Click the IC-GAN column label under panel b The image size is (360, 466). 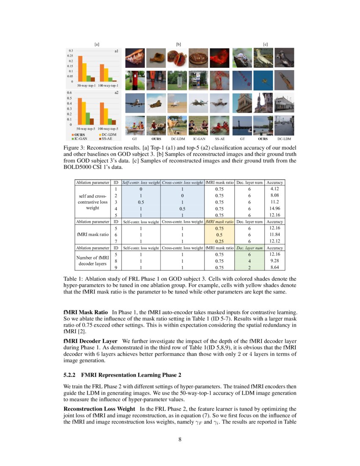coord(199,139)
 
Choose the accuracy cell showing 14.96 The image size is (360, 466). coord(275,208)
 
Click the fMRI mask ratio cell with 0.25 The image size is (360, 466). coord(219,241)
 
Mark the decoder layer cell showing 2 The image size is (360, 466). coord(250,267)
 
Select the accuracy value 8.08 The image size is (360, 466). coord(275,196)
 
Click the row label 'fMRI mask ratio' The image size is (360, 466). coord(92,234)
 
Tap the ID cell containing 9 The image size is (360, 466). coord(116,267)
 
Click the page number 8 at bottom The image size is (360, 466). coord(180,439)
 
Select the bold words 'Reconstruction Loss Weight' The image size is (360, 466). coord(99,409)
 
